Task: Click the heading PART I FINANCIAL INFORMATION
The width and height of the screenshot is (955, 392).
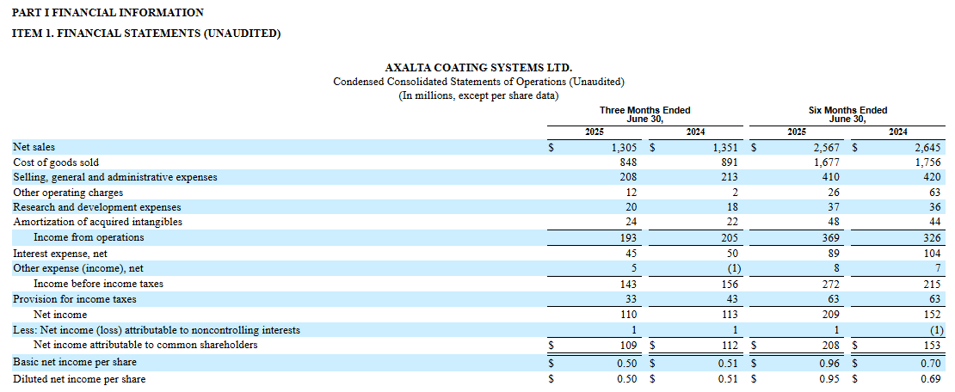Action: click(x=108, y=12)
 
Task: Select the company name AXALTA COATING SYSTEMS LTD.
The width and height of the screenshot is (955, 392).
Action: click(x=478, y=68)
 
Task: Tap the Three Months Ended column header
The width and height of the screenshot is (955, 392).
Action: click(x=645, y=110)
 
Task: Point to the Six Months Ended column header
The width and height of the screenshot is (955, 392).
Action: click(x=847, y=110)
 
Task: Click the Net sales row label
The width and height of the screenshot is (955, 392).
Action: click(x=34, y=147)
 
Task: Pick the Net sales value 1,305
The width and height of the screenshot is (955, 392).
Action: click(x=625, y=147)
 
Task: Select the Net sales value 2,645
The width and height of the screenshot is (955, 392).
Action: click(x=927, y=147)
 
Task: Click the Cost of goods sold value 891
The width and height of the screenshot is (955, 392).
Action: click(x=730, y=162)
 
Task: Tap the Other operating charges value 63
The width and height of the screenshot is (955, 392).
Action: click(x=935, y=193)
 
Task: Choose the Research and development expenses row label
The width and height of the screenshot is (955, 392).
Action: click(x=97, y=207)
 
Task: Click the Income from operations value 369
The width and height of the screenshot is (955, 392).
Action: click(x=831, y=237)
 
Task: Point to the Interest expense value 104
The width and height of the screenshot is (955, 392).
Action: click(x=933, y=253)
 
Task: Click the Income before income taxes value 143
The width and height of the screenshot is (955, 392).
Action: click(x=629, y=284)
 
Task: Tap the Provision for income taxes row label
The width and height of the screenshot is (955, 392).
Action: click(x=74, y=299)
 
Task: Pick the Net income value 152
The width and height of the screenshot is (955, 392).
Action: click(x=933, y=315)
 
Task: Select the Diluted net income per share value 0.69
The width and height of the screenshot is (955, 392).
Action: click(x=932, y=379)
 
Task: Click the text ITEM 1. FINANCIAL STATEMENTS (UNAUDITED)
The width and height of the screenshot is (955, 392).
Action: click(x=147, y=34)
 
